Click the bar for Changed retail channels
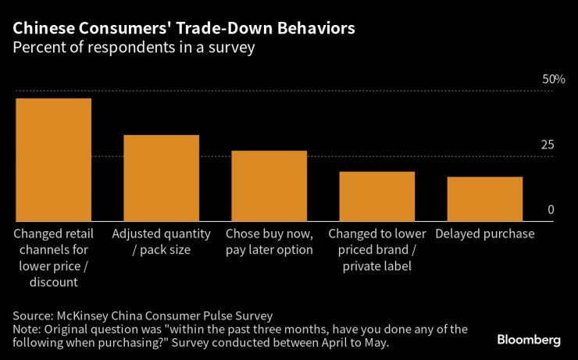54,159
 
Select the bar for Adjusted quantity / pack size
162,178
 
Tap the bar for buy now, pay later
269,186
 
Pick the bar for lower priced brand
377,196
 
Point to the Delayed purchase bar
485,199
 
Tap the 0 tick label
551,210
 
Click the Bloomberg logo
529,340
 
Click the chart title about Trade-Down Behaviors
184,29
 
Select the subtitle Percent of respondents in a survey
134,48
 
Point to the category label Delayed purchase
485,234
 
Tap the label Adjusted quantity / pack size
162,242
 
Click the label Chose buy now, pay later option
269,242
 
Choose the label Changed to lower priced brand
377,250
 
